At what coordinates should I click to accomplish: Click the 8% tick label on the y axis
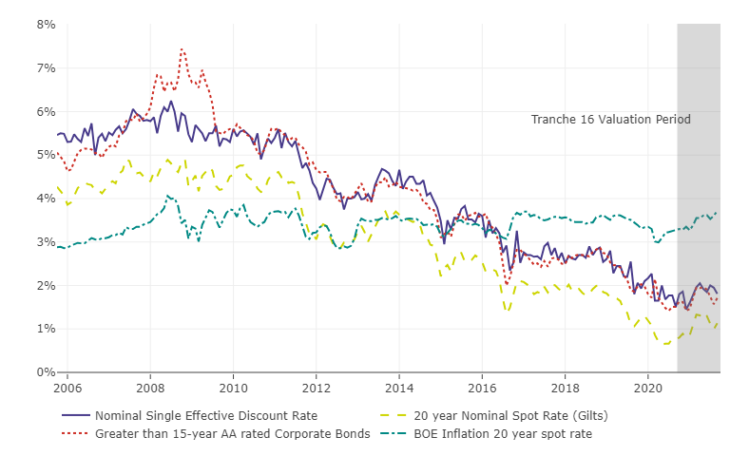(45, 25)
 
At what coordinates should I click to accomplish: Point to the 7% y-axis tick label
(45, 68)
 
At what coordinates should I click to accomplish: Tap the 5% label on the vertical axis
(45, 155)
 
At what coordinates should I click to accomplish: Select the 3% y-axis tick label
(45, 242)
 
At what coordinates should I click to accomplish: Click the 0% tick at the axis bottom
(45, 372)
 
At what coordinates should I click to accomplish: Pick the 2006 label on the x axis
(67, 388)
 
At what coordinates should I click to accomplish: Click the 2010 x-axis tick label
(233, 388)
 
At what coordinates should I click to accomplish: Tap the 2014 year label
(399, 388)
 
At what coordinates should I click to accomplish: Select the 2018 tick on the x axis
(566, 388)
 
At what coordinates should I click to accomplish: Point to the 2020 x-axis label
(648, 388)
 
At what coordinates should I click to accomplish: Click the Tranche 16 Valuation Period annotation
(610, 120)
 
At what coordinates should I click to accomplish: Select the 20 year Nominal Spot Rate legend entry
(511, 416)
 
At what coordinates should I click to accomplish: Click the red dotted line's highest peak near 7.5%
(182, 48)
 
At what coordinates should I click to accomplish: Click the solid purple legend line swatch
(76, 416)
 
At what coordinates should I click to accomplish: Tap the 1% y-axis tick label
(45, 329)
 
